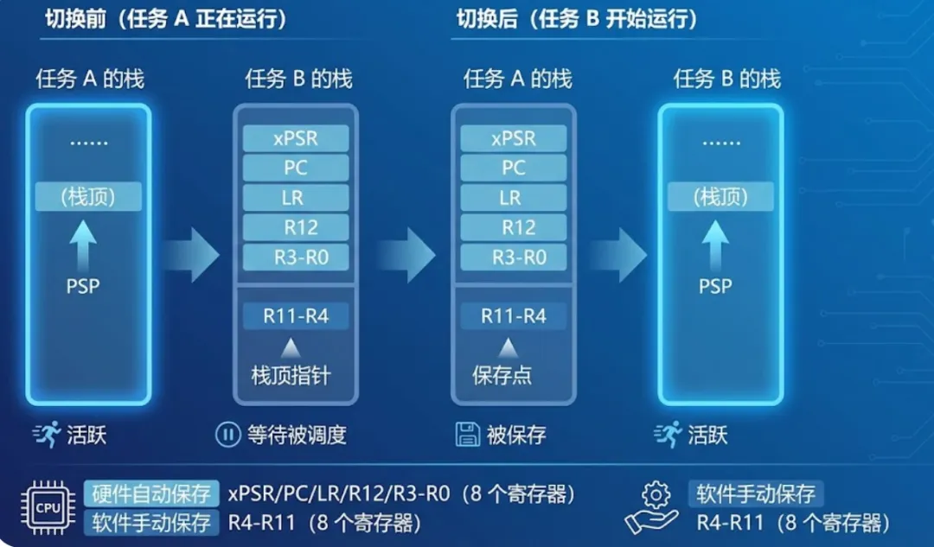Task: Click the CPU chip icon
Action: pos(49,507)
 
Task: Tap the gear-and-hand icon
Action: pos(655,509)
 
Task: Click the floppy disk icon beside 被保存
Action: pos(468,435)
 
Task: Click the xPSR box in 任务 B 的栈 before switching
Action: pos(296,138)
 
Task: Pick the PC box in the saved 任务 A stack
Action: pos(513,168)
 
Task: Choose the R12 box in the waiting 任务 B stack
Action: pos(296,227)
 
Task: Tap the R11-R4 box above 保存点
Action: pos(513,316)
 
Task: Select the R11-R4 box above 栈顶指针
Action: pos(296,316)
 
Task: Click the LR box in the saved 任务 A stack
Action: pos(513,197)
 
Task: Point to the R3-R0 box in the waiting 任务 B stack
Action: pos(296,257)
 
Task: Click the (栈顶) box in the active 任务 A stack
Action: pos(88,197)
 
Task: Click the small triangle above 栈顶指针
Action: pos(290,348)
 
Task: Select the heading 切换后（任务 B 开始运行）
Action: pos(577,19)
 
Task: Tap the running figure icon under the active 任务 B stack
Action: pos(668,435)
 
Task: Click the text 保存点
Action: pos(502,376)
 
